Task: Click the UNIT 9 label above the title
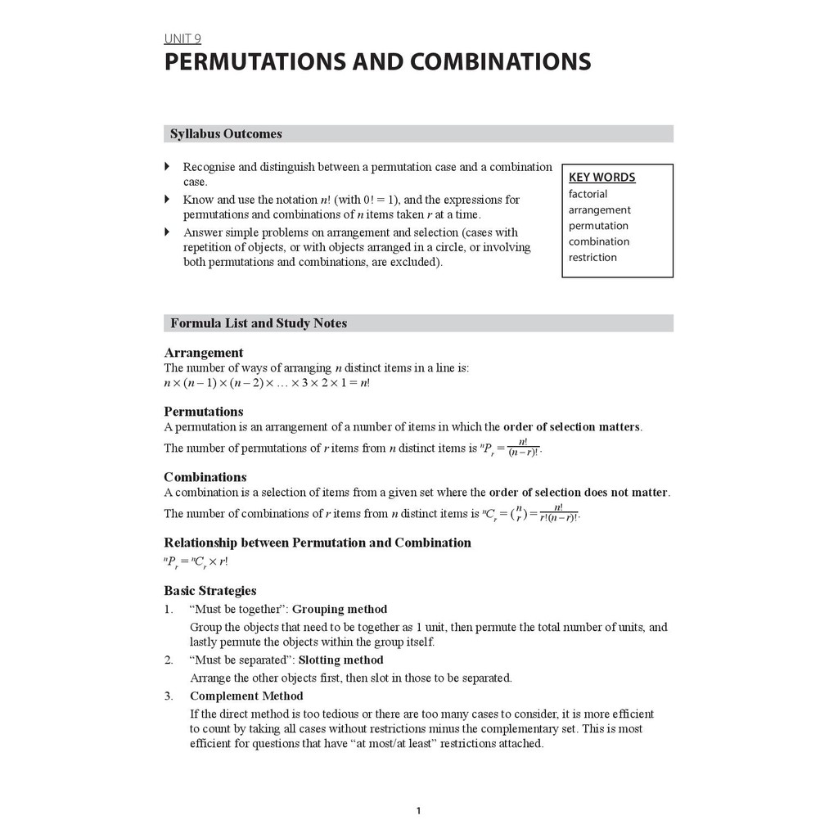click(x=182, y=38)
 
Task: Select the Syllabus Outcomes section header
click(x=226, y=133)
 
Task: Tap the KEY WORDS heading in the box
click(x=601, y=177)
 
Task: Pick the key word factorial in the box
click(x=588, y=194)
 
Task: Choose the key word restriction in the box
click(x=592, y=257)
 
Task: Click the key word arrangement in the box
click(x=599, y=209)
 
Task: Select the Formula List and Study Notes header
click(x=259, y=323)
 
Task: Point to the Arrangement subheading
click(x=203, y=353)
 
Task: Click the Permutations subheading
click(x=203, y=411)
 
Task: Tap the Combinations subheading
click(x=205, y=476)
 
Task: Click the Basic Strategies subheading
click(x=209, y=590)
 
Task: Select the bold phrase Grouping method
click(x=340, y=609)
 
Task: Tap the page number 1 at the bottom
click(x=418, y=811)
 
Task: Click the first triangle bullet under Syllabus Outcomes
click(x=168, y=166)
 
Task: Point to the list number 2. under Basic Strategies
click(x=168, y=660)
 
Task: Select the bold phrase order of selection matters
click(x=572, y=426)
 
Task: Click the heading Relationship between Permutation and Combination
click(x=318, y=542)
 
